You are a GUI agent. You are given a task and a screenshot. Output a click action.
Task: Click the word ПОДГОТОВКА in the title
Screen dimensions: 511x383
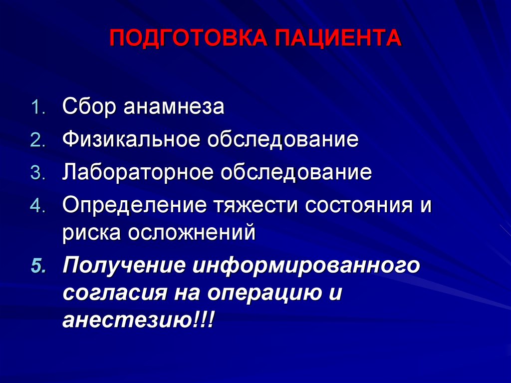(x=188, y=38)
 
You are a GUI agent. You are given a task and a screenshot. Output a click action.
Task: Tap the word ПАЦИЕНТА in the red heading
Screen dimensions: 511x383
(x=338, y=38)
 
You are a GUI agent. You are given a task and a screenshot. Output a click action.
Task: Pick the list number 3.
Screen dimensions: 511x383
(x=38, y=173)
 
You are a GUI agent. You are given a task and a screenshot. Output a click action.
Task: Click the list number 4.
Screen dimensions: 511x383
(x=38, y=206)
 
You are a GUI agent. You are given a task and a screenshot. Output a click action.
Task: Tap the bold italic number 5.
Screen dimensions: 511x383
(x=39, y=266)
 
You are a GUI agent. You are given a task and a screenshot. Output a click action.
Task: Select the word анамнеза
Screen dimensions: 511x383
(x=174, y=107)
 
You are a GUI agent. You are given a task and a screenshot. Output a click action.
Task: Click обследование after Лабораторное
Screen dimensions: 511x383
(x=296, y=172)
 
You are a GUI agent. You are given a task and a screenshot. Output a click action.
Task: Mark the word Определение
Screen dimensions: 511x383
(x=134, y=205)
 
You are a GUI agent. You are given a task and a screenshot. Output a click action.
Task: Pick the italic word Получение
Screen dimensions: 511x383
(x=124, y=266)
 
